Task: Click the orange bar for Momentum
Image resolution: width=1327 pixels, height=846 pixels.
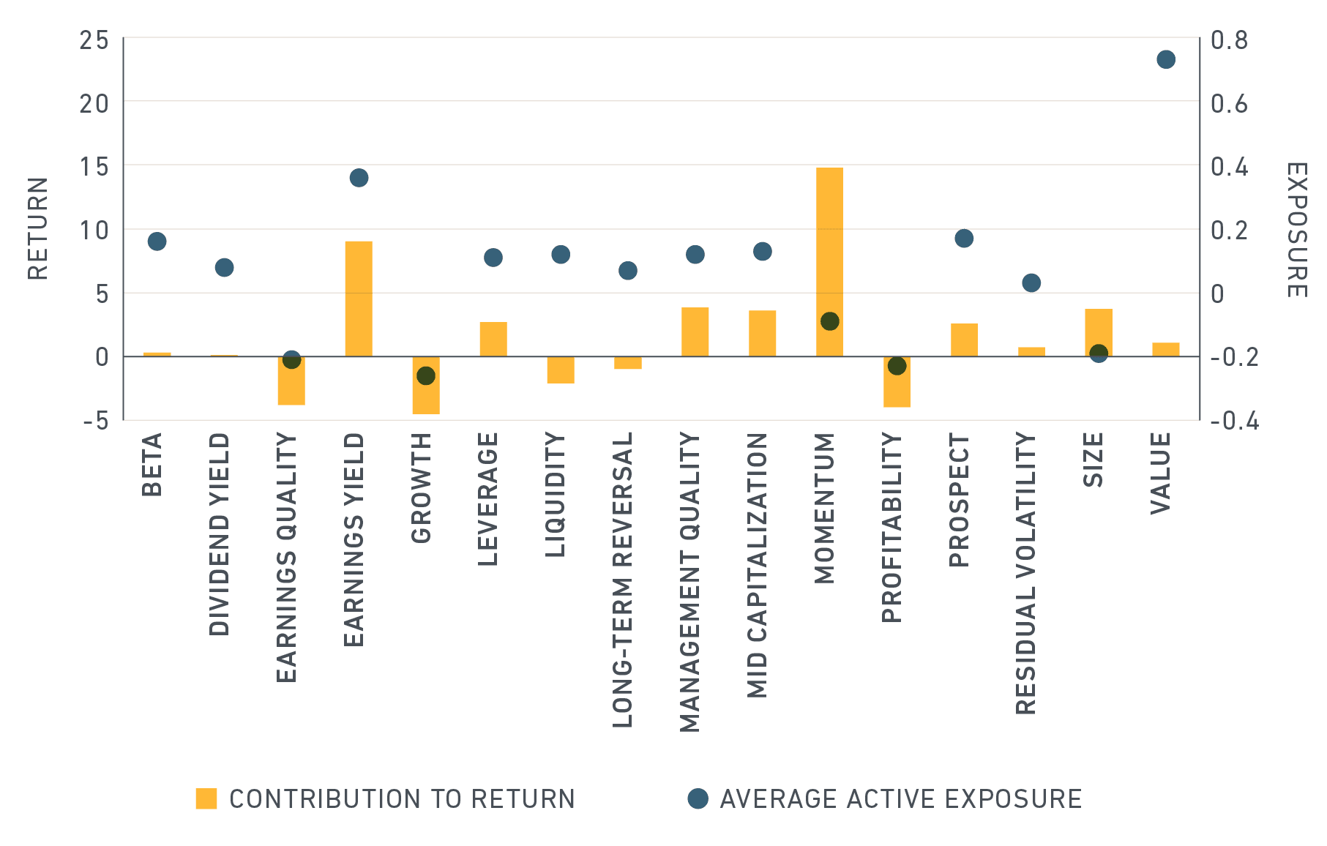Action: click(x=829, y=262)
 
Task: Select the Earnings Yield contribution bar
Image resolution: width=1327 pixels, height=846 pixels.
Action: click(x=359, y=299)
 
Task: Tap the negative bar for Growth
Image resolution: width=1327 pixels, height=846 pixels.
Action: click(x=426, y=385)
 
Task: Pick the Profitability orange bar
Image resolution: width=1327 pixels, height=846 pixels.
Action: click(x=897, y=381)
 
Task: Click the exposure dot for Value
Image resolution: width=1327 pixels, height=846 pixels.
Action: click(x=1166, y=59)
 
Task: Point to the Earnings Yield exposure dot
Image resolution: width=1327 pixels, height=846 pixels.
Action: click(x=359, y=178)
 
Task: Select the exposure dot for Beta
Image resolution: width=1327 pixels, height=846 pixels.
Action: click(x=157, y=242)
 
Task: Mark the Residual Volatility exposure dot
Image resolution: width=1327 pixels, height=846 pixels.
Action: click(x=1031, y=282)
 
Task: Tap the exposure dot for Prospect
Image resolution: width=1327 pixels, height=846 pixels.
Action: click(x=964, y=238)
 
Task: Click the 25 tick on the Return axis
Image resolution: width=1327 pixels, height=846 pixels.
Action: click(x=94, y=40)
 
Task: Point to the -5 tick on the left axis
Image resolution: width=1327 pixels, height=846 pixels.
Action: click(x=95, y=421)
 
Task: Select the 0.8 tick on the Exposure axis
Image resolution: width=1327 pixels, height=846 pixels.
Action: click(x=1230, y=40)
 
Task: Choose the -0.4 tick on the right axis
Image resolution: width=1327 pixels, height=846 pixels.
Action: click(x=1235, y=421)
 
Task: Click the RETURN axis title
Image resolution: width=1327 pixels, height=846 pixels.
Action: click(x=38, y=228)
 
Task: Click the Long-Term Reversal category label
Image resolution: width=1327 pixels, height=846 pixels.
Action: click(x=622, y=580)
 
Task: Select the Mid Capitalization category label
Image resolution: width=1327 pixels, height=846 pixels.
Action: click(x=757, y=565)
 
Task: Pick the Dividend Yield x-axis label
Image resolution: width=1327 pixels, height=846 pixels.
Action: click(x=220, y=534)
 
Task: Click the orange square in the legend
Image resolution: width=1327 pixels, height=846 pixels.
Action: click(x=206, y=798)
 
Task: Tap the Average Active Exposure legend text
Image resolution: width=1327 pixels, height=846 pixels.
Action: click(x=901, y=798)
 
